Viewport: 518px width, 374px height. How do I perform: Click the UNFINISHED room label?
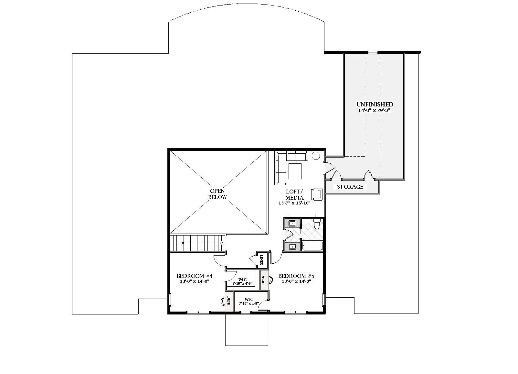tap(375, 104)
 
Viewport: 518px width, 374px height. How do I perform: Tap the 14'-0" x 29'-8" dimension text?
tap(375, 110)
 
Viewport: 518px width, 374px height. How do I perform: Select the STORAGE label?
tap(350, 187)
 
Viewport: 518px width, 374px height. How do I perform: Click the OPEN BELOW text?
tap(217, 194)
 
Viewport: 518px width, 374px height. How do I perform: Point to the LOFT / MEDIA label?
tap(294, 194)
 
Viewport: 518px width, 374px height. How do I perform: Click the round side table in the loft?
tap(315, 156)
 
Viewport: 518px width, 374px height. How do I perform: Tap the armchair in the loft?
tap(316, 194)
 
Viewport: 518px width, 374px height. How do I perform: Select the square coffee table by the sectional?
tap(295, 171)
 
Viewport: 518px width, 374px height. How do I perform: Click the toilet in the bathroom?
tap(317, 224)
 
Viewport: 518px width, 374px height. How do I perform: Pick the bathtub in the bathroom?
tap(312, 246)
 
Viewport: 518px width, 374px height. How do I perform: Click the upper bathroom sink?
tap(292, 223)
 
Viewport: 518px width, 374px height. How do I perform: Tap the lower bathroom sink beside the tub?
tap(292, 247)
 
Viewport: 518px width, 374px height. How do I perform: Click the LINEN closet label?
tap(261, 260)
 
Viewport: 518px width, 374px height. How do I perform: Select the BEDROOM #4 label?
tap(194, 276)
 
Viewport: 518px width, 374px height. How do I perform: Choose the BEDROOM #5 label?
tap(296, 276)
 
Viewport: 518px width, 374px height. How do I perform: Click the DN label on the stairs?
tap(222, 243)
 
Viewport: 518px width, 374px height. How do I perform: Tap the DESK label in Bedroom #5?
tap(263, 280)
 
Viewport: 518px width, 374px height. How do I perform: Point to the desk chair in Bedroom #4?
tap(223, 301)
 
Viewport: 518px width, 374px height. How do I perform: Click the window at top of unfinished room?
tap(373, 52)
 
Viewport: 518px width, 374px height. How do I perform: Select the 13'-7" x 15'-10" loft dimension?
tap(294, 203)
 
